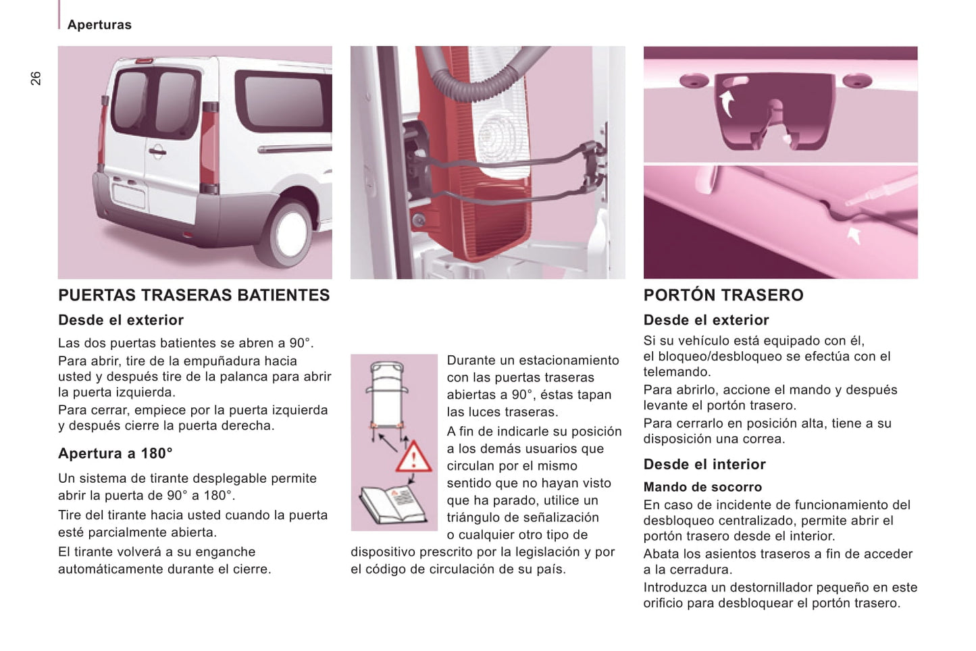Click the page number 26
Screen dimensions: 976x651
pyautogui.click(x=35, y=78)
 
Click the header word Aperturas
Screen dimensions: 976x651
pyautogui.click(x=99, y=25)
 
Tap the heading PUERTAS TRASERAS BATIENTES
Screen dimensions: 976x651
pyautogui.click(x=194, y=295)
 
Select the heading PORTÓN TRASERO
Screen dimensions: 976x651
pyautogui.click(x=723, y=295)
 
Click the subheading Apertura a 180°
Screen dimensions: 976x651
pyautogui.click(x=115, y=453)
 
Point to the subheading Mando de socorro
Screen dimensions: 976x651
pyautogui.click(x=702, y=487)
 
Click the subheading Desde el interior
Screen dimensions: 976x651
pyautogui.click(x=704, y=464)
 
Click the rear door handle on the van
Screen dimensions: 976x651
pyautogui.click(x=157, y=152)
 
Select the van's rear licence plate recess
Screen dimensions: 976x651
pyautogui.click(x=129, y=196)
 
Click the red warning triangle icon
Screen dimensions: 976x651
pyautogui.click(x=413, y=457)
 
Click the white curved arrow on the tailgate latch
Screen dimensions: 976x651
pyautogui.click(x=727, y=103)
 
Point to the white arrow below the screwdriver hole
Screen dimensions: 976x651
pyautogui.click(x=854, y=235)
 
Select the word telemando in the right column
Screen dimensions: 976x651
pyautogui.click(x=677, y=371)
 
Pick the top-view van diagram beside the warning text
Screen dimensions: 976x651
pyautogui.click(x=387, y=401)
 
